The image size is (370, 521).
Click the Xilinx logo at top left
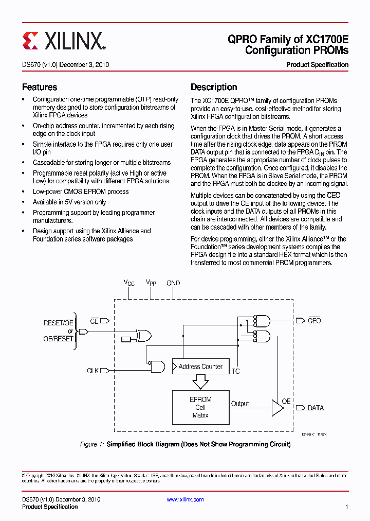coord(64,41)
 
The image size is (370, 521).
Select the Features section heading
coord(40,87)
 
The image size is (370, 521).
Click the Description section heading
coord(214,87)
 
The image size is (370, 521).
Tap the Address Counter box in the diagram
coord(200,367)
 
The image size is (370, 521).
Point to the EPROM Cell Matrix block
coord(200,407)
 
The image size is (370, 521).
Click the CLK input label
coord(92,371)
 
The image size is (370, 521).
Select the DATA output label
coord(316,408)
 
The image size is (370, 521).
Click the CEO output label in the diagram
coord(314,321)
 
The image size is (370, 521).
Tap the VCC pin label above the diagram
coord(128,283)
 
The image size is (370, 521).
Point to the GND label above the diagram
coord(173,283)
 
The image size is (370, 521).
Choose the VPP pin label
coord(151,283)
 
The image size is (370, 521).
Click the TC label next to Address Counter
coord(235,371)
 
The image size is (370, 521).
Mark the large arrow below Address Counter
coord(200,381)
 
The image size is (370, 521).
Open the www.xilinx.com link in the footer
coord(185,499)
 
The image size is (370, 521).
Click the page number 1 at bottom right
coord(346,507)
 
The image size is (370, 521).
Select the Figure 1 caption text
coord(185,444)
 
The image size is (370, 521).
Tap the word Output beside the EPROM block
coord(239,404)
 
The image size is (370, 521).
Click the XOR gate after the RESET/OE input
coord(143,336)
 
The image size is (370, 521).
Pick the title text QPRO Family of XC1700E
coord(288,39)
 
